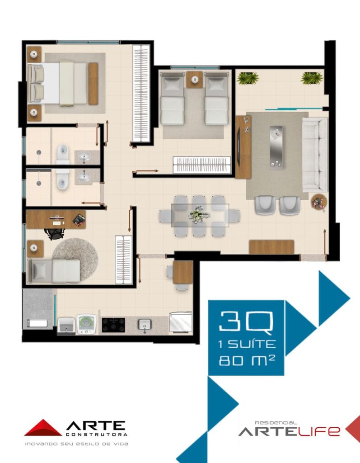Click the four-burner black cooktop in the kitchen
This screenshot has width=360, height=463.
tap(113, 325)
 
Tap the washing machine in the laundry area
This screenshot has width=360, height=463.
tap(87, 324)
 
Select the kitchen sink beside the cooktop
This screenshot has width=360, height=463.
tap(145, 325)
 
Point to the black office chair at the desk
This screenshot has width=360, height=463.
tap(55, 233)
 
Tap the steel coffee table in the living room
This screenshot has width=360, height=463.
tap(276, 147)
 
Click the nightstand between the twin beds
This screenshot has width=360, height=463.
tap(195, 80)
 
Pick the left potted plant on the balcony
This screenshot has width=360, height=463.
tap(248, 78)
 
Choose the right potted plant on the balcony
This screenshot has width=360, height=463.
tap(312, 78)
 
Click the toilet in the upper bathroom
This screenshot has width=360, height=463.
tap(62, 154)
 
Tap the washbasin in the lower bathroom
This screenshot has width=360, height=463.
tap(84, 177)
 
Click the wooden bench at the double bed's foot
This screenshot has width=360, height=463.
tap(93, 84)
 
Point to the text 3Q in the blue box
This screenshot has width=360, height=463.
tap(246, 321)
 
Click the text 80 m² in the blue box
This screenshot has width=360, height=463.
tap(247, 360)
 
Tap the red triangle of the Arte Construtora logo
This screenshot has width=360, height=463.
tap(43, 428)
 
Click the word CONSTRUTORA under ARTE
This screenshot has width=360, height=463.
tap(97, 435)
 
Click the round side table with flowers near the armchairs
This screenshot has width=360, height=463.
tap(319, 203)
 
